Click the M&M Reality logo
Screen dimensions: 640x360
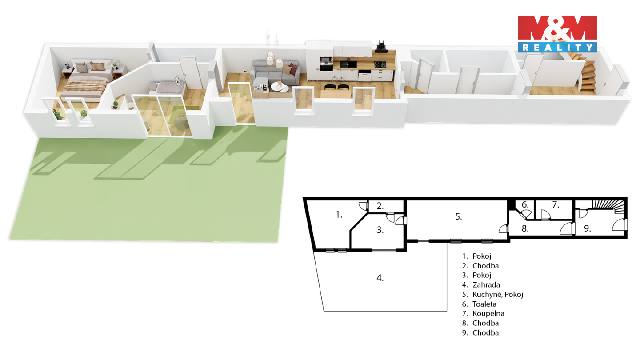coord(557,34)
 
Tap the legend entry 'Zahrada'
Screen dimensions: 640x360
coord(486,285)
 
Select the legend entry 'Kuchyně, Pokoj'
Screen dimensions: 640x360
coord(498,295)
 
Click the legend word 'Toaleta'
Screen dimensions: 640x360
coord(484,304)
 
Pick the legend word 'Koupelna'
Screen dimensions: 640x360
coord(488,313)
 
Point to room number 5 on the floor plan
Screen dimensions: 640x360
coord(458,216)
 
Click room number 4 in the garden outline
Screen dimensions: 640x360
coord(380,278)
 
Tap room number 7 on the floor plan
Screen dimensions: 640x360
coord(556,204)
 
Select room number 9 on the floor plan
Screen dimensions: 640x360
coord(587,228)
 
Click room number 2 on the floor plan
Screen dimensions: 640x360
coord(380,206)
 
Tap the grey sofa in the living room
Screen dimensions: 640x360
coord(274,72)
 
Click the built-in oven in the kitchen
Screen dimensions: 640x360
coord(326,64)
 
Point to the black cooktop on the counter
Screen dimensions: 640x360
coord(380,64)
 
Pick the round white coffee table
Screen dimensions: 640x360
coord(280,87)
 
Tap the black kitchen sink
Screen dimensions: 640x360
coord(348,64)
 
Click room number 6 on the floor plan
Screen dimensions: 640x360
coord(525,204)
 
